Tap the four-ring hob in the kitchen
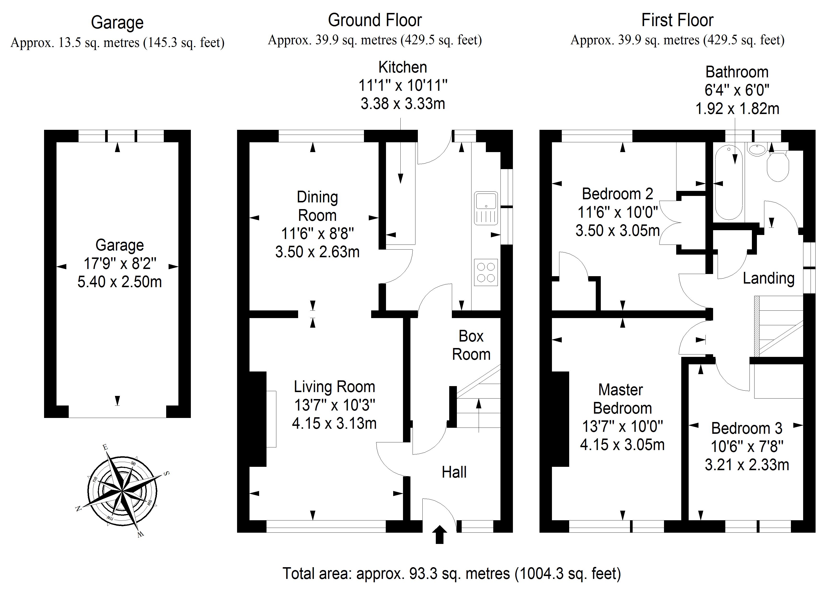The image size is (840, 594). click(x=486, y=272)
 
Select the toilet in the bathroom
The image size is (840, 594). click(x=778, y=166)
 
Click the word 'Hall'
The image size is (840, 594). click(x=454, y=472)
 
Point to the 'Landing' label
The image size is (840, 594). click(x=769, y=278)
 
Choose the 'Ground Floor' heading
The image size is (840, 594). click(x=375, y=20)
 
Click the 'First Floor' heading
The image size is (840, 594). click(x=677, y=20)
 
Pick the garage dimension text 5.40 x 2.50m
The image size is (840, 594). click(x=120, y=282)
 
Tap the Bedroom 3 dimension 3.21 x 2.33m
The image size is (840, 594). click(x=747, y=465)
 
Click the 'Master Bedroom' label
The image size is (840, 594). click(x=622, y=399)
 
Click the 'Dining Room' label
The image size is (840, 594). click(x=317, y=206)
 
